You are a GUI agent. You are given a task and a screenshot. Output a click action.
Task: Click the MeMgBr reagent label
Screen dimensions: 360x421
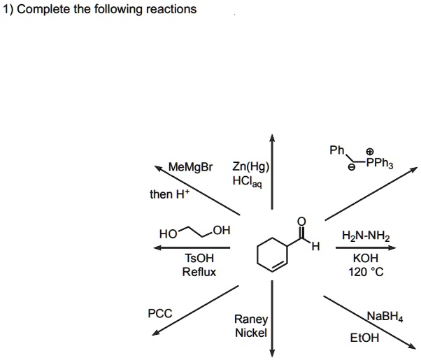point(191,168)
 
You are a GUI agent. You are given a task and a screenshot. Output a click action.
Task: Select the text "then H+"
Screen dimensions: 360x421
point(168,194)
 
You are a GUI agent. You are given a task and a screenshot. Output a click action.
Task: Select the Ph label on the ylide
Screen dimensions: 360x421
point(336,150)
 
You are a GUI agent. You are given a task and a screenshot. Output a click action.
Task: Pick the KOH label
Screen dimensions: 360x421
point(366,258)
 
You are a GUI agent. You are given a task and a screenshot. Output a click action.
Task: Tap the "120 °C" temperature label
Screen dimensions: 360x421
point(366,271)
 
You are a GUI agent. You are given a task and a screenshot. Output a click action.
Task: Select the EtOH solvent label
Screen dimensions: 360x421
point(366,337)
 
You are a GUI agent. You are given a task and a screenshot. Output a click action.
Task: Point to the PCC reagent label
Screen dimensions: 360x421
point(160,313)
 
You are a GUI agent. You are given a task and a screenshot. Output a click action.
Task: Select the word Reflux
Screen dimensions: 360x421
point(199,271)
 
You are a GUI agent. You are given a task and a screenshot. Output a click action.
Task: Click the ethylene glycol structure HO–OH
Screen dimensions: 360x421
point(194,231)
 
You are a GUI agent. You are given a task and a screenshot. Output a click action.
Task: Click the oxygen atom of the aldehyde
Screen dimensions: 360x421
point(301,222)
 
